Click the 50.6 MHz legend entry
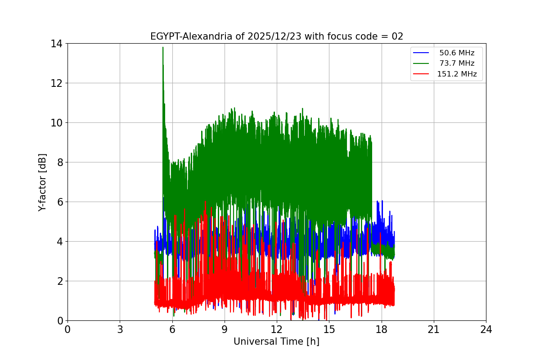pos(457,53)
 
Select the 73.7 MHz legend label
pos(457,63)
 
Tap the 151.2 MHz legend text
pos(457,74)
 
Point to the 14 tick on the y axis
pos(57,44)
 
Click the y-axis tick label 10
pos(57,123)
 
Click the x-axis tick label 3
pos(120,329)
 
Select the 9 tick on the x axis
pos(225,329)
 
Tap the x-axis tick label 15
pos(329,329)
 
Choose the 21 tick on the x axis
pos(434,329)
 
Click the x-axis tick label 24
pos(486,329)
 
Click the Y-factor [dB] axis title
pos(42,182)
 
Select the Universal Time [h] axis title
pos(276,342)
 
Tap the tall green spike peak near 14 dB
pos(163,47)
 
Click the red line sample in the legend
pos(422,74)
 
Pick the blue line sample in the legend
pos(422,53)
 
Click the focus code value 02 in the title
pos(397,36)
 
